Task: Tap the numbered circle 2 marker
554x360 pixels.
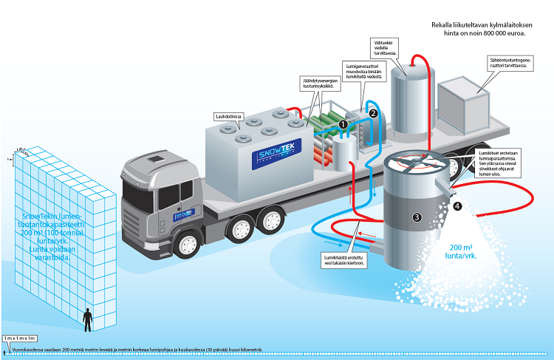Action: (373, 113)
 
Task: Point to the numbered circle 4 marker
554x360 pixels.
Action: (457, 206)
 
